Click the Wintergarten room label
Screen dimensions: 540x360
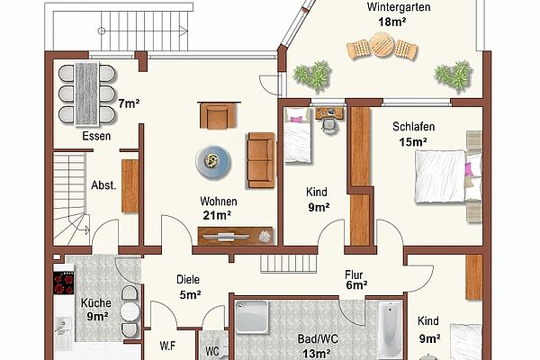(x=399, y=7)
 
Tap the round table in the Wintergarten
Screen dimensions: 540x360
(x=382, y=45)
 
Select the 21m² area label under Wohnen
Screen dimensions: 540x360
(x=217, y=215)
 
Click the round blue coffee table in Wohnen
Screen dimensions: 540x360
(x=213, y=161)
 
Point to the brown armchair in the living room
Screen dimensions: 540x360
(x=219, y=115)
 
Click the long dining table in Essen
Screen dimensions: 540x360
(x=87, y=94)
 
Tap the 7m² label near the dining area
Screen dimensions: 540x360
(x=129, y=103)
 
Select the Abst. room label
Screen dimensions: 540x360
(x=103, y=185)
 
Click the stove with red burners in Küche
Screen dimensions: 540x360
(x=64, y=283)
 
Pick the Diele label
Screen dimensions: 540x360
(x=188, y=279)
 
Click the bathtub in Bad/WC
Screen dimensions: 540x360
(x=391, y=329)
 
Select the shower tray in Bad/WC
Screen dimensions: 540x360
(x=252, y=317)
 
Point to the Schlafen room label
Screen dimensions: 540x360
(x=414, y=126)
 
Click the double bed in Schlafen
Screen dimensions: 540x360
(x=448, y=176)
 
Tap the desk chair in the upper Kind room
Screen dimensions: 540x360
(x=329, y=126)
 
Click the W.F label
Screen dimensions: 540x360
(x=167, y=346)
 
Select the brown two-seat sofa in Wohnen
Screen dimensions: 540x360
(x=261, y=160)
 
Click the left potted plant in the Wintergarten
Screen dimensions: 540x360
(x=313, y=76)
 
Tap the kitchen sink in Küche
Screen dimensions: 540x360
(x=63, y=328)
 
